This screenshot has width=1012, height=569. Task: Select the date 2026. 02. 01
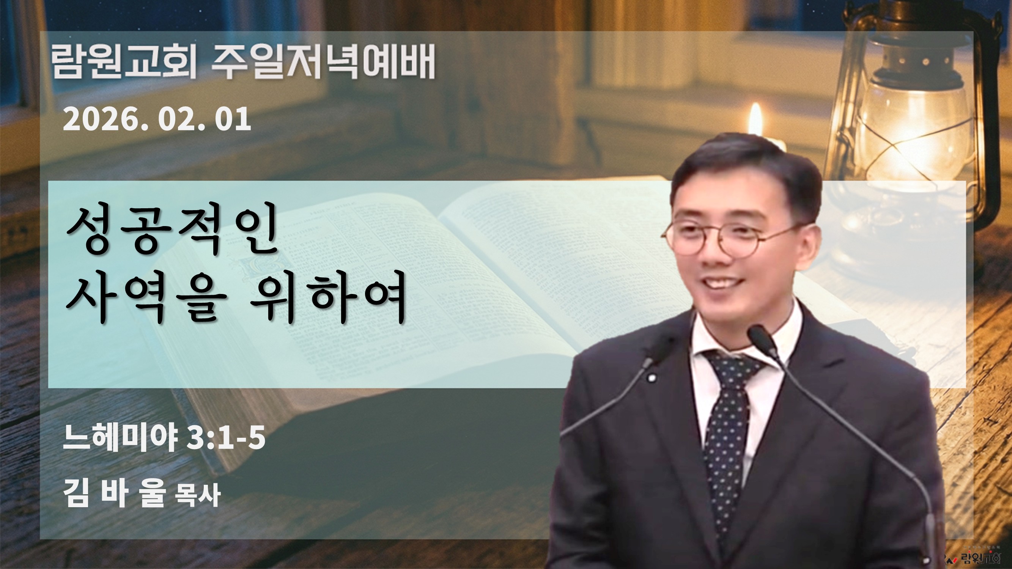pyautogui.click(x=157, y=119)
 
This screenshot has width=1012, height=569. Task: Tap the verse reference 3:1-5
pyautogui.click(x=226, y=438)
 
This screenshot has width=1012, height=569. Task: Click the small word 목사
pyautogui.click(x=198, y=495)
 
